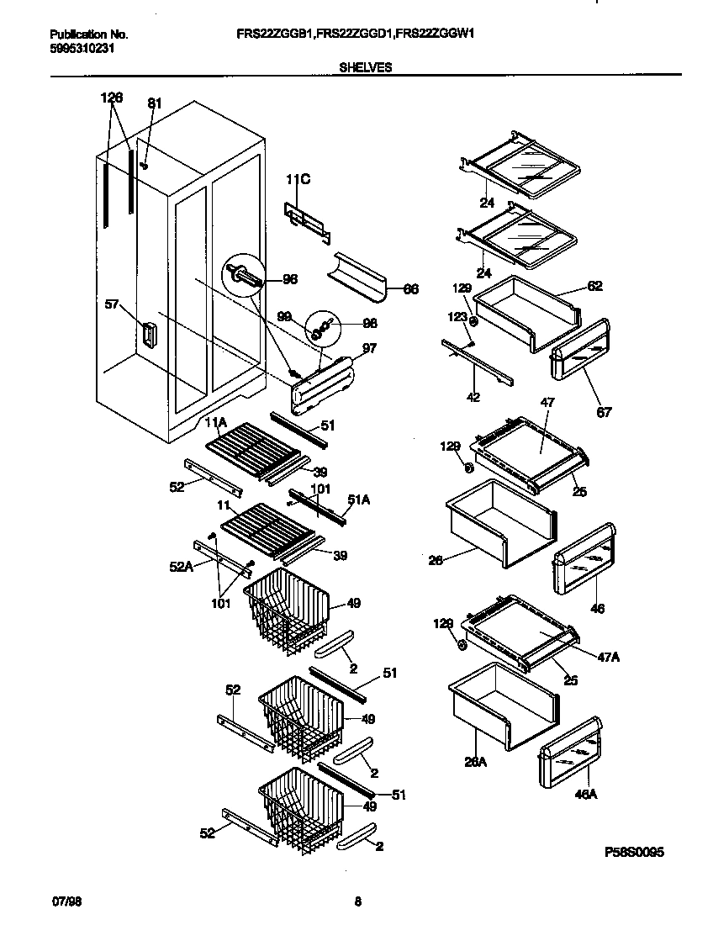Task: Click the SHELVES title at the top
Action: point(365,67)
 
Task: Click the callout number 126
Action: point(111,98)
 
